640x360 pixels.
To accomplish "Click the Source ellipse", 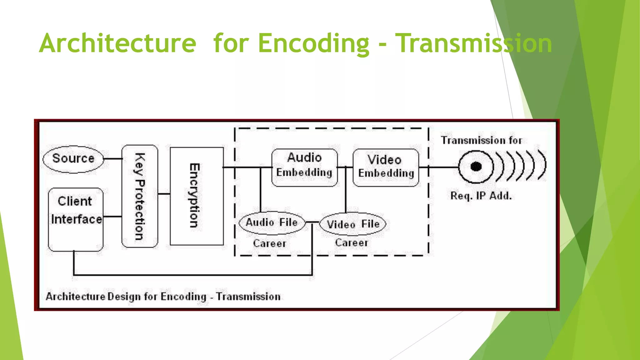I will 73,159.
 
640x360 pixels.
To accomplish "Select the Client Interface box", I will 76,219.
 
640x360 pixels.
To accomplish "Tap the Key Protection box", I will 140,196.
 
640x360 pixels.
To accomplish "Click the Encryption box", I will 197,196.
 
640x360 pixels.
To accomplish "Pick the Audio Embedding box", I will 304,167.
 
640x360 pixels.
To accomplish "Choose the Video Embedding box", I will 386,167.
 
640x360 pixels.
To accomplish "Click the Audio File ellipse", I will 272,223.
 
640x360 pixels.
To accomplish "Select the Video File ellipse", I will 353,224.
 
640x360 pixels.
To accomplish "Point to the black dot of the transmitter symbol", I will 476,167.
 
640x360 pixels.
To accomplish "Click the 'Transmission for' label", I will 481,140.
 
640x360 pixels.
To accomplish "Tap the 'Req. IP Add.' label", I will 481,196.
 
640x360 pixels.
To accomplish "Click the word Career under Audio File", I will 269,243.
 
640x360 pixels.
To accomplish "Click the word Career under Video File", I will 352,243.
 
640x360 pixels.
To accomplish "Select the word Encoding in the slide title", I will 313,43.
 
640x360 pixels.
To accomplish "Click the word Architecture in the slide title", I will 117,43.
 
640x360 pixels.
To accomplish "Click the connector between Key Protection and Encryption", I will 164,194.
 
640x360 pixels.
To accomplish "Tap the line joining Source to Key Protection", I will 112,159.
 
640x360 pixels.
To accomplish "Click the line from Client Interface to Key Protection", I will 112,216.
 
